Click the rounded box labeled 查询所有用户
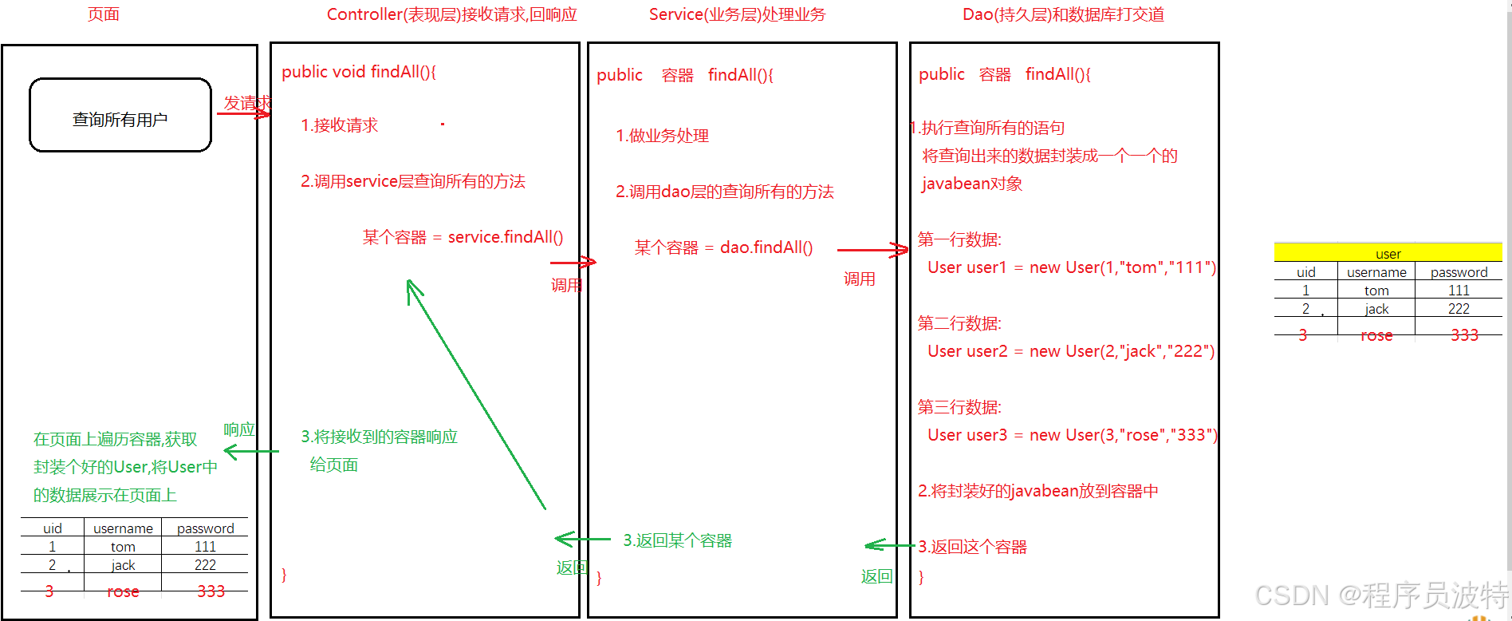(120, 116)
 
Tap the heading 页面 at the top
(104, 14)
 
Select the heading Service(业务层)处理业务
(737, 14)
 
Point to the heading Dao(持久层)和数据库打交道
(1063, 14)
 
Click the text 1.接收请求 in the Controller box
(339, 125)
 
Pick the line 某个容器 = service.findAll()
(463, 237)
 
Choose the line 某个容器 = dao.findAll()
(723, 247)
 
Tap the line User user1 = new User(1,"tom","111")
(1071, 267)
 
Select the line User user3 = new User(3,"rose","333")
(1072, 435)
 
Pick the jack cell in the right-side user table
(1376, 309)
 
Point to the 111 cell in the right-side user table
(1459, 291)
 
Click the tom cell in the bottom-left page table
(123, 547)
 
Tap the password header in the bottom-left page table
(205, 528)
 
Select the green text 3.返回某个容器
(677, 540)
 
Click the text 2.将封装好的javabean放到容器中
(1038, 491)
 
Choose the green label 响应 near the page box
(238, 429)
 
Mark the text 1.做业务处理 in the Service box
(662, 136)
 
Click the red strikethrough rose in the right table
(1376, 335)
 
